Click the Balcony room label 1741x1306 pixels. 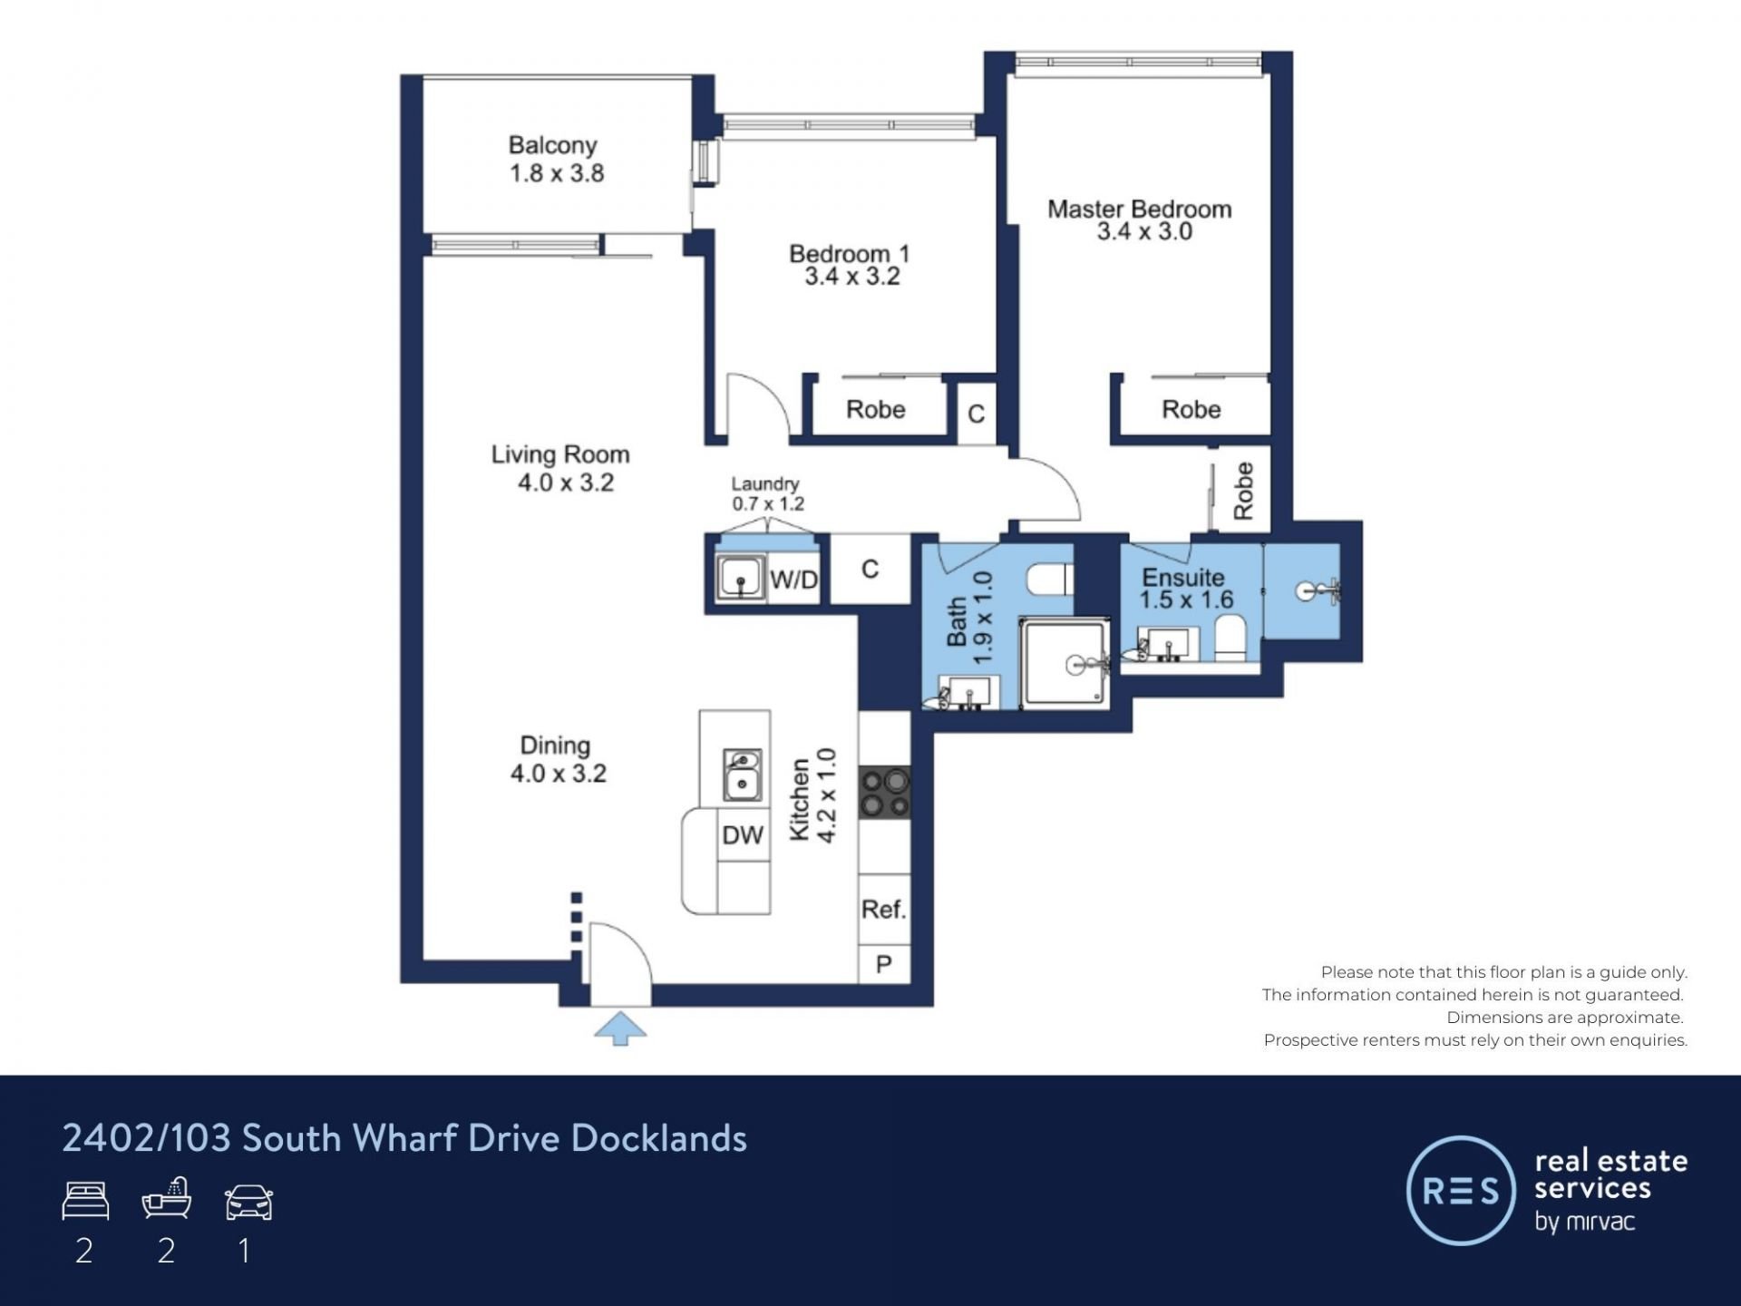[x=552, y=145]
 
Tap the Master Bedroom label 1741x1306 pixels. [x=1140, y=209]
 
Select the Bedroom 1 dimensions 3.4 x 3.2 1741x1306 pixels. [x=852, y=277]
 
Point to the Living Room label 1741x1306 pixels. [x=560, y=454]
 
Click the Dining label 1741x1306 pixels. [x=555, y=746]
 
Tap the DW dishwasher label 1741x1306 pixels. [x=743, y=835]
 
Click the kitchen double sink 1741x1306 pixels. [x=742, y=775]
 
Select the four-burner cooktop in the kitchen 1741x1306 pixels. [x=885, y=793]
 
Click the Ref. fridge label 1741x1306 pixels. [x=883, y=909]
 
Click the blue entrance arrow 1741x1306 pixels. [x=620, y=1029]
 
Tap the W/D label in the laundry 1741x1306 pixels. [x=793, y=580]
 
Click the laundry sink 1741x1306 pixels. [x=740, y=578]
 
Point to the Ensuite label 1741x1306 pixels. [x=1183, y=578]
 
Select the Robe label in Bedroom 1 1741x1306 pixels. [x=876, y=409]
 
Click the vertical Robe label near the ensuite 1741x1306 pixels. [x=1243, y=491]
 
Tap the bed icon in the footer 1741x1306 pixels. [x=85, y=1201]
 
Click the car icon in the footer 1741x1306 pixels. [x=248, y=1202]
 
